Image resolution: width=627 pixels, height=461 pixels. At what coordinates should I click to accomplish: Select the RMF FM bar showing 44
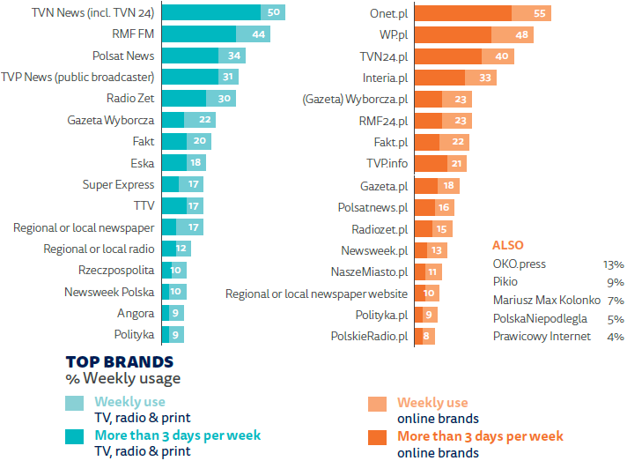216,33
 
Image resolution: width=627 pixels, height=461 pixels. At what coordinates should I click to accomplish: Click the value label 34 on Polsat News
234,56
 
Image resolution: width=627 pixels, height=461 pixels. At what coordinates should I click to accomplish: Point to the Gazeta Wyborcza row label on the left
111,120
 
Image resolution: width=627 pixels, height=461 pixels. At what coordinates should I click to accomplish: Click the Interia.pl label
386,78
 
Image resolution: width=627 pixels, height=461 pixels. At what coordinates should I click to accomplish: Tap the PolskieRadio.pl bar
425,336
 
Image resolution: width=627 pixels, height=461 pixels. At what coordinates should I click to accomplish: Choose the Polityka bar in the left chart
173,334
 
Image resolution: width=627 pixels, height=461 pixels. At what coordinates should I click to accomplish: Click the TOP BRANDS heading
119,361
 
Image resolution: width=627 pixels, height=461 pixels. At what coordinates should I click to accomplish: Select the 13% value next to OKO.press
613,264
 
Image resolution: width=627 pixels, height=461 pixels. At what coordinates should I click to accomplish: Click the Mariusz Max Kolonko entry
546,300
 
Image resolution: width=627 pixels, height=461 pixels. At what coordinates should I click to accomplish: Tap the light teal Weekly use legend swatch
76,403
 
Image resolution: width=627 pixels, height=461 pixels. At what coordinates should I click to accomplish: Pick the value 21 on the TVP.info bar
455,164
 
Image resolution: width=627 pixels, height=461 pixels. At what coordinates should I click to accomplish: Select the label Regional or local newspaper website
316,294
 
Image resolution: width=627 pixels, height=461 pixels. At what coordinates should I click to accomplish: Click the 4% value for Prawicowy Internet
615,336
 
